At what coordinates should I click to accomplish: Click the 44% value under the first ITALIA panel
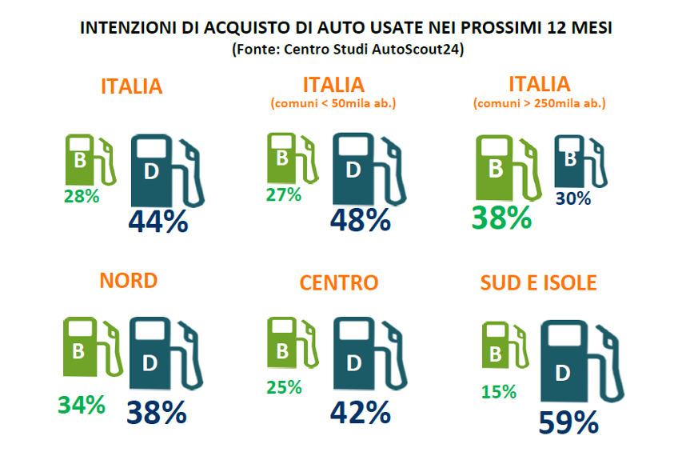point(158,221)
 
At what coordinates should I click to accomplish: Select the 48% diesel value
point(361,219)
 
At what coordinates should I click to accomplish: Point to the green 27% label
point(284,194)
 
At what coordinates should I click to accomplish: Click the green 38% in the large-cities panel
point(501,218)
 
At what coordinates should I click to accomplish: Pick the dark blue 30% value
point(572,198)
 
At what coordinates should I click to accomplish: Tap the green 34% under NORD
point(82,405)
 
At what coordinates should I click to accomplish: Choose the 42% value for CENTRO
point(361,412)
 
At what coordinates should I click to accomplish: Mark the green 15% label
point(498,392)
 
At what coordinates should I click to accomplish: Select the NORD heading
point(128,281)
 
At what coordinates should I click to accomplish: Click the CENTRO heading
point(339,282)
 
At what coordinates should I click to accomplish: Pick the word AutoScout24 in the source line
point(418,49)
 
